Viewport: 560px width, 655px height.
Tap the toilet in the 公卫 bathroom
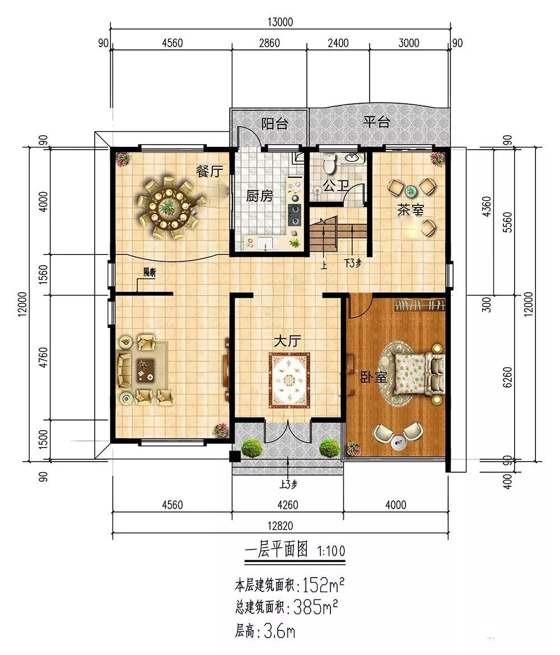point(330,164)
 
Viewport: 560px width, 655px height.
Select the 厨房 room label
point(259,196)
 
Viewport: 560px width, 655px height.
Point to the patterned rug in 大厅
point(289,380)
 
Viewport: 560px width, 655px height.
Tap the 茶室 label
point(410,210)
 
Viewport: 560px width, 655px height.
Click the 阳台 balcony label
point(274,123)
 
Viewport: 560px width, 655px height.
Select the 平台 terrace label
point(376,122)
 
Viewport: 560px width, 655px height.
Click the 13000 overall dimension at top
point(280,22)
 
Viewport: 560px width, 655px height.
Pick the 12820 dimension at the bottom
point(280,526)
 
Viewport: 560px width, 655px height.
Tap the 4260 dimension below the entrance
point(288,505)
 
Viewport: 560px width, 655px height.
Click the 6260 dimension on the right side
point(507,377)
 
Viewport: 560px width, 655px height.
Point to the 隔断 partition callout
point(150,273)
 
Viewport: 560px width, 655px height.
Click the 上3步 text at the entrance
point(288,485)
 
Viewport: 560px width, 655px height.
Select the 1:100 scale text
point(332,551)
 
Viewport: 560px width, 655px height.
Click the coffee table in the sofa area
point(145,371)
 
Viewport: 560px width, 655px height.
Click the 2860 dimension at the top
point(269,43)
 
